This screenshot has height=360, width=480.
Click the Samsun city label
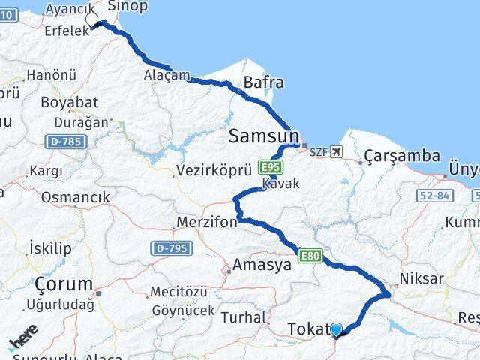coord(263,136)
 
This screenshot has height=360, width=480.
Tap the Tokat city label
coord(307,328)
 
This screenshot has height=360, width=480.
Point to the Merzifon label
coord(206,223)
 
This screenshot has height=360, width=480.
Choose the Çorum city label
coord(64,285)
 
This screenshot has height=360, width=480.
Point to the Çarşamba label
coord(402,156)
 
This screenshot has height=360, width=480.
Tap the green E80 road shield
coord(310,256)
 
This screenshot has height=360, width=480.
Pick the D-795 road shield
coord(170,247)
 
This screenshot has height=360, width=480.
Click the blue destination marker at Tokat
coord(336,329)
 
